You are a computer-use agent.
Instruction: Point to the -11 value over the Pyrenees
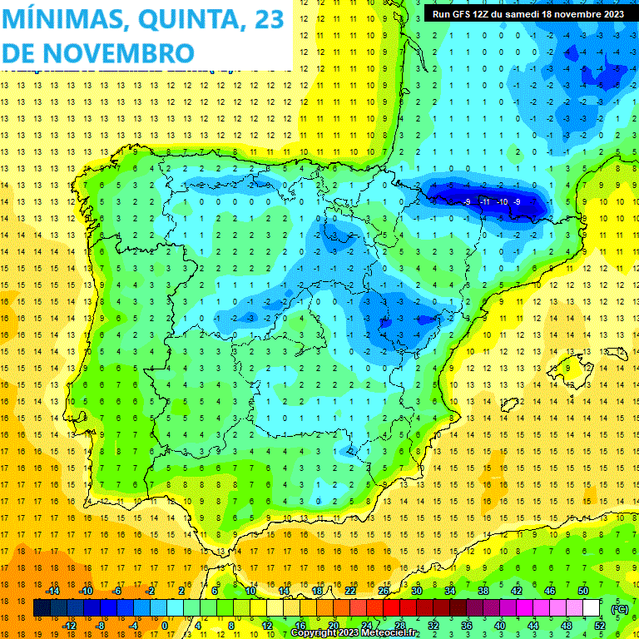pos(485,201)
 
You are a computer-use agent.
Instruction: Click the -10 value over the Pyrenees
pos(502,201)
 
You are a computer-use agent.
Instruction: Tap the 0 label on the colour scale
pos(165,626)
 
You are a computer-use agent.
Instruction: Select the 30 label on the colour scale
pos(416,590)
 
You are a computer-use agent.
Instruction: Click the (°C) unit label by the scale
pos(620,609)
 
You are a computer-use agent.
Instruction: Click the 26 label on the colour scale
pos(384,590)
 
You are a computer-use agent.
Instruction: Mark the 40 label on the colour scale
pos(499,626)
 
